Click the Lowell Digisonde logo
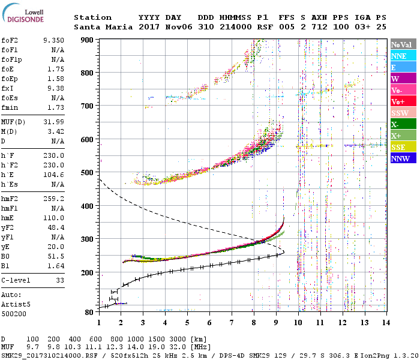point(23,13)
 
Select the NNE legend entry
point(403,56)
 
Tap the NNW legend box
point(403,158)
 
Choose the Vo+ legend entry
point(403,101)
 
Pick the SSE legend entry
point(403,147)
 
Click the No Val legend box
point(403,44)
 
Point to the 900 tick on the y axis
point(87,40)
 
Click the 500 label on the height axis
point(87,172)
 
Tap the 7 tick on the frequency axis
point(232,323)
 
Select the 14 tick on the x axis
point(386,323)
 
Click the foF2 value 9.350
point(53,40)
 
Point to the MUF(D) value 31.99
point(53,122)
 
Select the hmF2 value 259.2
point(53,199)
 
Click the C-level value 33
point(60,280)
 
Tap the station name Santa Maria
point(103,27)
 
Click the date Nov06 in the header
point(179,27)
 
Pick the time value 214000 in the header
point(236,27)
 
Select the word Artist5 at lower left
point(16,304)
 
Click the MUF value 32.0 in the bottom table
point(178,347)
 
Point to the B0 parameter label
point(5,256)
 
